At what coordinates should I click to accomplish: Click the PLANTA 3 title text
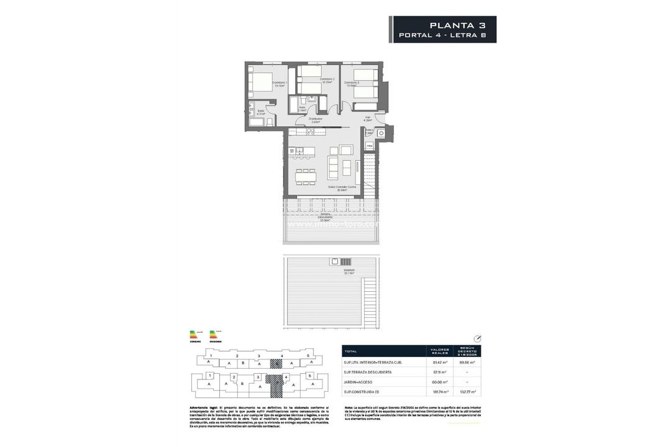[x=457, y=25]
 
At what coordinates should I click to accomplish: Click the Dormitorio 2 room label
[x=327, y=80]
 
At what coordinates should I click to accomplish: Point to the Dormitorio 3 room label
[x=352, y=84]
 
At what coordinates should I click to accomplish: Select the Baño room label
[x=261, y=112]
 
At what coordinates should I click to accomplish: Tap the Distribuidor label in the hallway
[x=316, y=120]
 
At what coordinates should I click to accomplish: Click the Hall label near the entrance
[x=367, y=119]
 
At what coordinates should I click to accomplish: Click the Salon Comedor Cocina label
[x=338, y=188]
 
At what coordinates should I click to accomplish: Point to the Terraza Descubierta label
[x=325, y=216]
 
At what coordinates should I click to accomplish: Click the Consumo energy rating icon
[x=196, y=336]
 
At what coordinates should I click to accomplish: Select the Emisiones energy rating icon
[x=216, y=336]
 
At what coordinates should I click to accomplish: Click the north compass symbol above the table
[x=477, y=338]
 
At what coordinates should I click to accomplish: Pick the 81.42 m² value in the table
[x=440, y=362]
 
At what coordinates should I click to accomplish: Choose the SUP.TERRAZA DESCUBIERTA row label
[x=368, y=372]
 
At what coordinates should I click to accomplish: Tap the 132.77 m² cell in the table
[x=467, y=392]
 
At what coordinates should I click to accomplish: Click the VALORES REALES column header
[x=440, y=351]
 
